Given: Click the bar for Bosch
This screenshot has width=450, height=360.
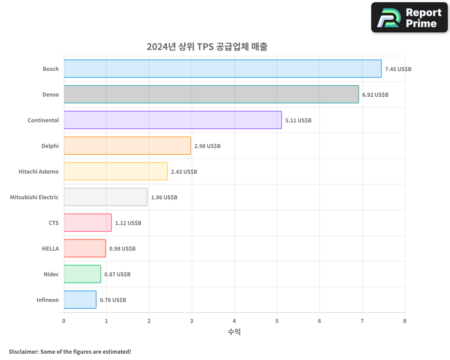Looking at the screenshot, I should [x=222, y=69].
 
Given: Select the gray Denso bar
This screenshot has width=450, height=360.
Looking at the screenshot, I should [x=211, y=94].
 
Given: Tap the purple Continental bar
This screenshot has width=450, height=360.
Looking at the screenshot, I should [x=172, y=120].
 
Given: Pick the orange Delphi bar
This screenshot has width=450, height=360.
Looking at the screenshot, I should [x=127, y=146].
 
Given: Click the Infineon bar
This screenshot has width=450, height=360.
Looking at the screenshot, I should [x=80, y=300].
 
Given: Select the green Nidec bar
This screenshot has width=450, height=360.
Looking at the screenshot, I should [x=82, y=274].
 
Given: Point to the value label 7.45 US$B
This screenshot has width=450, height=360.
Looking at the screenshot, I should [x=398, y=69].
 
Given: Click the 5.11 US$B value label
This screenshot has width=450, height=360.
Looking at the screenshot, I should [x=298, y=121].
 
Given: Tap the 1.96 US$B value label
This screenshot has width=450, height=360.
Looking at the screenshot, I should [x=164, y=198].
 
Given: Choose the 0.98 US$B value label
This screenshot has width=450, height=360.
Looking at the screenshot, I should [x=122, y=249].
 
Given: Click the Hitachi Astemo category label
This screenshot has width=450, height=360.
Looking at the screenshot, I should [x=39, y=171].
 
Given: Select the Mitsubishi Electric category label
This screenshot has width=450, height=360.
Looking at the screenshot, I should [x=34, y=197].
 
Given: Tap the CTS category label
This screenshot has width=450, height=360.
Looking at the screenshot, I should [x=54, y=223].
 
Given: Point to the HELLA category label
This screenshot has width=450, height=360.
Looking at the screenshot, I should [x=50, y=248].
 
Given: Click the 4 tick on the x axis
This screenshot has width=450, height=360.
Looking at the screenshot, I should [x=234, y=321].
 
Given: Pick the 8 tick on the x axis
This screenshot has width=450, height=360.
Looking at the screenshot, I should [x=405, y=321].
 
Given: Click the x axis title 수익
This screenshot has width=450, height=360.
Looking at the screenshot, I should [x=234, y=332].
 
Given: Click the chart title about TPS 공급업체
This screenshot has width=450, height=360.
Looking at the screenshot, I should [x=207, y=47].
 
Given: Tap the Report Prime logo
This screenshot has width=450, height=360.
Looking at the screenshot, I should [x=409, y=18].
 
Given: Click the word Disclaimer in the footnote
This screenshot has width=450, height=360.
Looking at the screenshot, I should [x=23, y=351].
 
